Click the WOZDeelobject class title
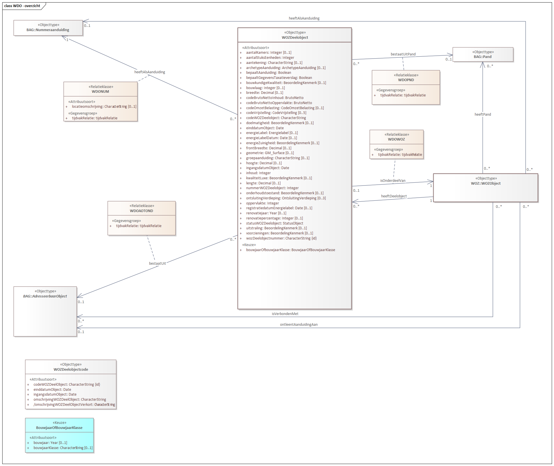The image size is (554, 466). (295, 38)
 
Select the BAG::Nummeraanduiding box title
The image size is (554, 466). (48, 30)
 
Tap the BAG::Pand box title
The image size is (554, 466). (483, 57)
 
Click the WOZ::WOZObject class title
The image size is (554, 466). (486, 184)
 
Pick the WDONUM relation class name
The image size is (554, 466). (100, 92)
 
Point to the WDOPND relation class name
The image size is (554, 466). (406, 80)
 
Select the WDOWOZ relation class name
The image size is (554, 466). (396, 139)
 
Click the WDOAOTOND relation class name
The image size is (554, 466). (141, 211)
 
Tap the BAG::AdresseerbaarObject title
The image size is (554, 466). (45, 296)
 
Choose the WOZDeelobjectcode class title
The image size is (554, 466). (71, 370)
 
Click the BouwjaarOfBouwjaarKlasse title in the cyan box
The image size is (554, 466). (59, 428)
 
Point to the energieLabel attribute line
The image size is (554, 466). (272, 133)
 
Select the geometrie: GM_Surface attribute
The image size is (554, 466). (270, 153)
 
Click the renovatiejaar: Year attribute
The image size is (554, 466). (266, 213)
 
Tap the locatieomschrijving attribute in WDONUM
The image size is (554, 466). (104, 107)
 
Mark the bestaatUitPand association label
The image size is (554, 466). (403, 54)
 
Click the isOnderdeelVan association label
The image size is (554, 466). (392, 181)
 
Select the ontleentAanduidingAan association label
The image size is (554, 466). (299, 325)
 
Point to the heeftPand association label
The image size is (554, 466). (483, 115)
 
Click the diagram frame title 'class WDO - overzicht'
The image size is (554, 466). (22, 6)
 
